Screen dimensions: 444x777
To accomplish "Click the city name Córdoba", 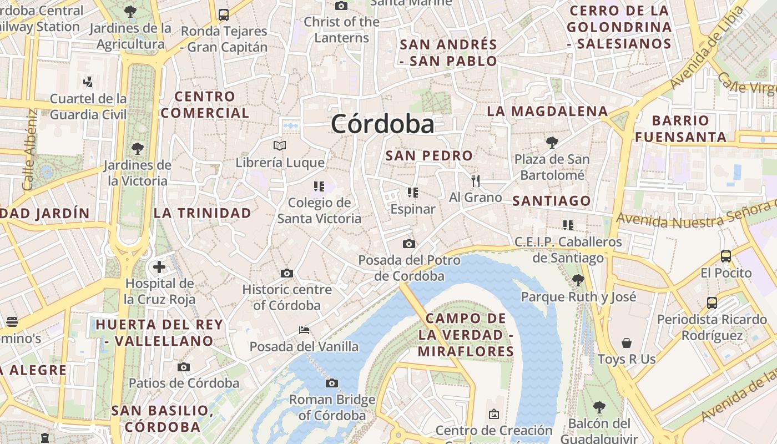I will coord(382,124).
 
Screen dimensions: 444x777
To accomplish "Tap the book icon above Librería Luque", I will coord(280,146).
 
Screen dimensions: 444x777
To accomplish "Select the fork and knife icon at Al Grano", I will coord(475,180).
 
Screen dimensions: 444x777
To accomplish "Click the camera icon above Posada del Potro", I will coord(409,244).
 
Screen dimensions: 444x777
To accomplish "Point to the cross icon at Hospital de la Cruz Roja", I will coord(159,267).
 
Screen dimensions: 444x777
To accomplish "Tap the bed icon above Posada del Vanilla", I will coord(304,330).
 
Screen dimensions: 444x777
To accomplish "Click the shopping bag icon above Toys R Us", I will coord(627,343).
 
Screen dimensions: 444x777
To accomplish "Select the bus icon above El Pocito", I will coord(726,256).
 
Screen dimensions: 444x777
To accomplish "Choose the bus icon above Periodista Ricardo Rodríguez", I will coord(712,303).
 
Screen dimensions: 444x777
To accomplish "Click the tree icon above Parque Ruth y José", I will coord(578,280).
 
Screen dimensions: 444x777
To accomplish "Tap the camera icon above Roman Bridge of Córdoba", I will coord(332,383).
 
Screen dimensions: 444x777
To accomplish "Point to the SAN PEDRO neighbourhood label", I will coord(429,156).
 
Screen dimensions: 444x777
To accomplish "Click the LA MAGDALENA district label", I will coord(547,111).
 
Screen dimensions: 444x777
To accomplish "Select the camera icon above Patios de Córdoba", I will coord(184,367).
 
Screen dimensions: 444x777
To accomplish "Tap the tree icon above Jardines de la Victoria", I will coord(137,149).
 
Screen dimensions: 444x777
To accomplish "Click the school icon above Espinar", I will coord(412,193).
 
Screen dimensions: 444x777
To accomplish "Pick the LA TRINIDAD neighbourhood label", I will coord(203,213).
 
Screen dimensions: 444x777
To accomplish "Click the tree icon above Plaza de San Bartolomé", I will coord(552,143).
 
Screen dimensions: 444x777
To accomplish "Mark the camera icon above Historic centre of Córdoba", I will coord(287,273).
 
